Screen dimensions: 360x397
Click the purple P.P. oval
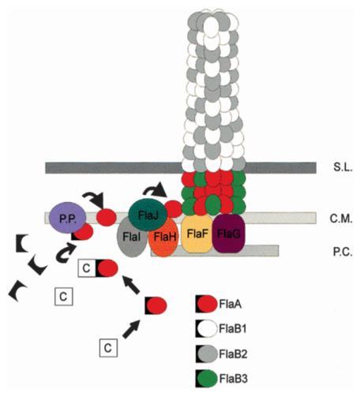coord(68,218)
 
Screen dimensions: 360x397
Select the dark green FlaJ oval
coord(148,215)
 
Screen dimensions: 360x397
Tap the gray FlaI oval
coord(131,238)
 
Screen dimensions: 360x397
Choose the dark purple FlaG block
coord(229,234)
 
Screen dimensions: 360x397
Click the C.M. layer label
coord(341,219)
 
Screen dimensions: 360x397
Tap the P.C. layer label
coord(343,252)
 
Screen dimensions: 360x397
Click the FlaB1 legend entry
coord(221,328)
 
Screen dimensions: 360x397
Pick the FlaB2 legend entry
coord(222,354)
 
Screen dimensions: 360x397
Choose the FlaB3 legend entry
coord(222,379)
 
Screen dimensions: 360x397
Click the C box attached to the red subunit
coord(87,268)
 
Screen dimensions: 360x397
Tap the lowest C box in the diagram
coord(108,348)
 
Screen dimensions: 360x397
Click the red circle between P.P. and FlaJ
coord(107,217)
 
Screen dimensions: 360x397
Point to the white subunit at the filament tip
coord(211,26)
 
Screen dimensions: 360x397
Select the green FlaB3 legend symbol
coord(206,379)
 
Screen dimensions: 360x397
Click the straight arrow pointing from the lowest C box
coord(131,329)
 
